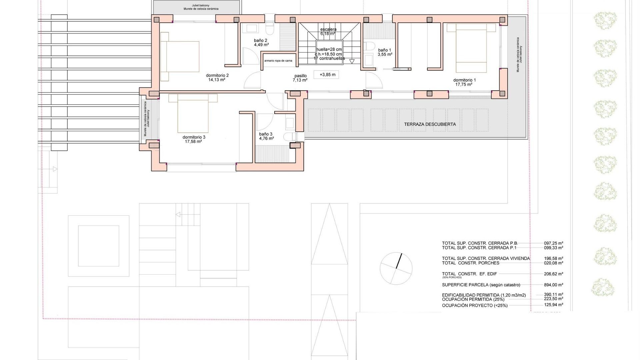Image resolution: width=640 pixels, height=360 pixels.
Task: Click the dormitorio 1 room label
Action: (464, 80)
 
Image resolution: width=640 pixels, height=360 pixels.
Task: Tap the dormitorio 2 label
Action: (217, 75)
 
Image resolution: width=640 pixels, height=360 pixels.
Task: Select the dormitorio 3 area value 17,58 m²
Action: (194, 142)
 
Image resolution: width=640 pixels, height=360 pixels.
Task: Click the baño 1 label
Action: (384, 50)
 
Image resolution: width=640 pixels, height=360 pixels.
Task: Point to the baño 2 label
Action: (260, 40)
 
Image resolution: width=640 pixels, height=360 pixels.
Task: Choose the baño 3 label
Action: (266, 134)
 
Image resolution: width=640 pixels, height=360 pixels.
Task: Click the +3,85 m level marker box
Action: (327, 75)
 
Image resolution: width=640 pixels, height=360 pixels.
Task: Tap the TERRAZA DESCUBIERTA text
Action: (430, 124)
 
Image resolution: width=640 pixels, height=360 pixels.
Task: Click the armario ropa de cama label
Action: (278, 61)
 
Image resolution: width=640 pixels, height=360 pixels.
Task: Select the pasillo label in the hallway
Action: (300, 76)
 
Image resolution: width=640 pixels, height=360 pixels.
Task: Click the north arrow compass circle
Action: (396, 268)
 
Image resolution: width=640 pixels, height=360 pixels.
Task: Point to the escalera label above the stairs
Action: (328, 29)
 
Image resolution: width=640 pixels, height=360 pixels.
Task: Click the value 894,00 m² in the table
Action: (553, 285)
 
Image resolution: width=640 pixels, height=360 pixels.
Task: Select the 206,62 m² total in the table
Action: (553, 274)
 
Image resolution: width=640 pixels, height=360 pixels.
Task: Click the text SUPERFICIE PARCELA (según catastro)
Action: (481, 285)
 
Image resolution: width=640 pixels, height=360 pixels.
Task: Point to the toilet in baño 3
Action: (290, 137)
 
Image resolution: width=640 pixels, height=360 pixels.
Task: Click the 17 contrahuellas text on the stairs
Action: (329, 58)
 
